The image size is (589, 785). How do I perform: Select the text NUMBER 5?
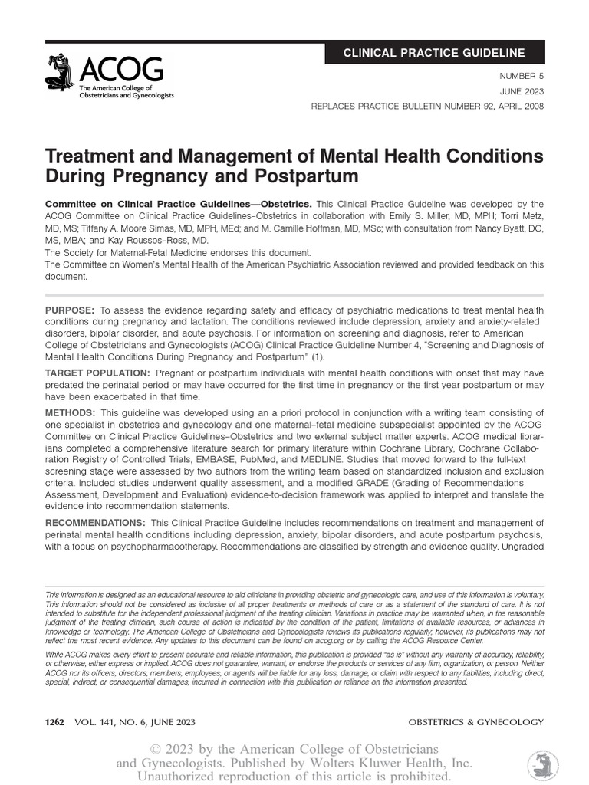click(522, 77)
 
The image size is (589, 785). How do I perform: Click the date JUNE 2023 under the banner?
click(523, 91)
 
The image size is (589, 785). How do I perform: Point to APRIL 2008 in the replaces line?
click(515, 106)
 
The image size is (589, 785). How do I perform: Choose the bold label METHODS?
click(71, 413)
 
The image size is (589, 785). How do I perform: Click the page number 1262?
click(58, 722)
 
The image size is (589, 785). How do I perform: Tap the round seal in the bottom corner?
click(543, 766)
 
